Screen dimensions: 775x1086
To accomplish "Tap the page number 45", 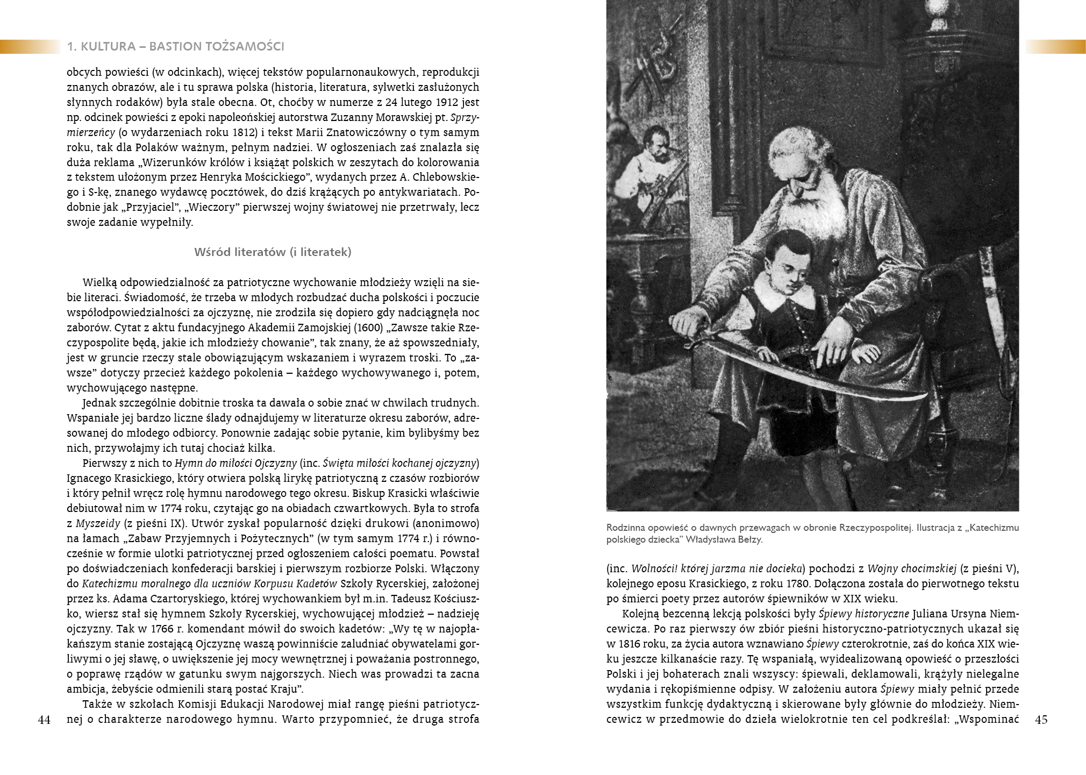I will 1041,721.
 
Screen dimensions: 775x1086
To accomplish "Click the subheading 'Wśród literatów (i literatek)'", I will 273,252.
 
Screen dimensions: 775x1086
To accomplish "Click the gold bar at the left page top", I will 30,47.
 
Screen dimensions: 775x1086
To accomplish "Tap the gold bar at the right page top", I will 1055,47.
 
